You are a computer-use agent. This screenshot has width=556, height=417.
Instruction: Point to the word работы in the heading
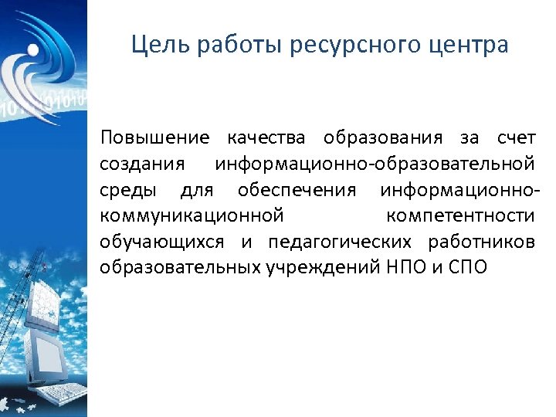pyautogui.click(x=239, y=46)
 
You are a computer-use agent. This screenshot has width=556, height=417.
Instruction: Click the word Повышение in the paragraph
pyautogui.click(x=154, y=138)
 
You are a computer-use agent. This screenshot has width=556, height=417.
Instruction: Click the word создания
pyautogui.click(x=141, y=164)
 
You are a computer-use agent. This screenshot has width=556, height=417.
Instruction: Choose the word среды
pyautogui.click(x=127, y=190)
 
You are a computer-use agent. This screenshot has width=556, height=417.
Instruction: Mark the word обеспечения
pyautogui.click(x=297, y=190)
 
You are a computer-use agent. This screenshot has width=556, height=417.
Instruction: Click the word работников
pyautogui.click(x=481, y=242)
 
